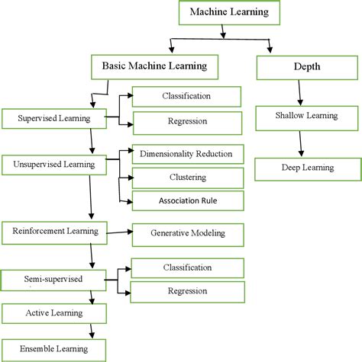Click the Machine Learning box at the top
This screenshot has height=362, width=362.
pos(222,13)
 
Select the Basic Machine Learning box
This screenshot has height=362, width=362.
pos(154,67)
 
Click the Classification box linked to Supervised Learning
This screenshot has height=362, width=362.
pos(186,96)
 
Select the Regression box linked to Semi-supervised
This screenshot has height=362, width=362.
pos(186,290)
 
